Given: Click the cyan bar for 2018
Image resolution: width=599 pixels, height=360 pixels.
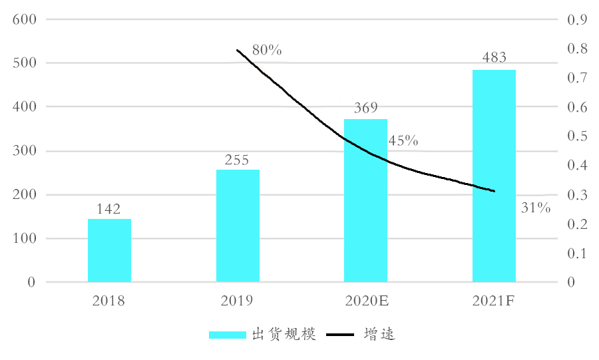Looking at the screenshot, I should tap(109, 250).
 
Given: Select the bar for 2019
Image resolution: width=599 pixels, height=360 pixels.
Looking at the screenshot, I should tap(238, 226).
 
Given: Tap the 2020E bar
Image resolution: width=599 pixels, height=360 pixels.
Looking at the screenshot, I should tap(365, 200).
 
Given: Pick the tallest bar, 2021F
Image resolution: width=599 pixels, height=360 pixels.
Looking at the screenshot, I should tap(494, 176).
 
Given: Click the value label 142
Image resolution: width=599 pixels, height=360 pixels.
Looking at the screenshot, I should tap(108, 210).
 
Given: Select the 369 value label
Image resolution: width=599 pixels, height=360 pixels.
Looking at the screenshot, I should tap(365, 108).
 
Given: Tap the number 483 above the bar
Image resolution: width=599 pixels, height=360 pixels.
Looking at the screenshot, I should tap(494, 59).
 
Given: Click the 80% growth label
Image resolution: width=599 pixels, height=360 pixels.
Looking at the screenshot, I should tap(268, 50).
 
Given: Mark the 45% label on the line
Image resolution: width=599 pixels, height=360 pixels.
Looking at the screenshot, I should tap(403, 141).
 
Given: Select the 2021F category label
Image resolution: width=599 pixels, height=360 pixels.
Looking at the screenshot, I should tap(494, 301).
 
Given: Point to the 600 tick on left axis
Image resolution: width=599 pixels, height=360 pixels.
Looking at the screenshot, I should tap(23, 19).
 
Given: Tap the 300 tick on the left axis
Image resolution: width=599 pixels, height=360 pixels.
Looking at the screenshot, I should tap(23, 151).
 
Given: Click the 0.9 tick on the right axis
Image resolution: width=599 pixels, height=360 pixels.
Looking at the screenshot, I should tap(576, 19).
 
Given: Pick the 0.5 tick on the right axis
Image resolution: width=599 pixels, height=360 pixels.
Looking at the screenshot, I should tap(576, 136).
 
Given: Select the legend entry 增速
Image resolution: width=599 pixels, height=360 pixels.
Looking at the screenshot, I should tap(380, 334).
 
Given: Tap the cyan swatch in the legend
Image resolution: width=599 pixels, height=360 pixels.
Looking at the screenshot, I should tap(227, 335).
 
